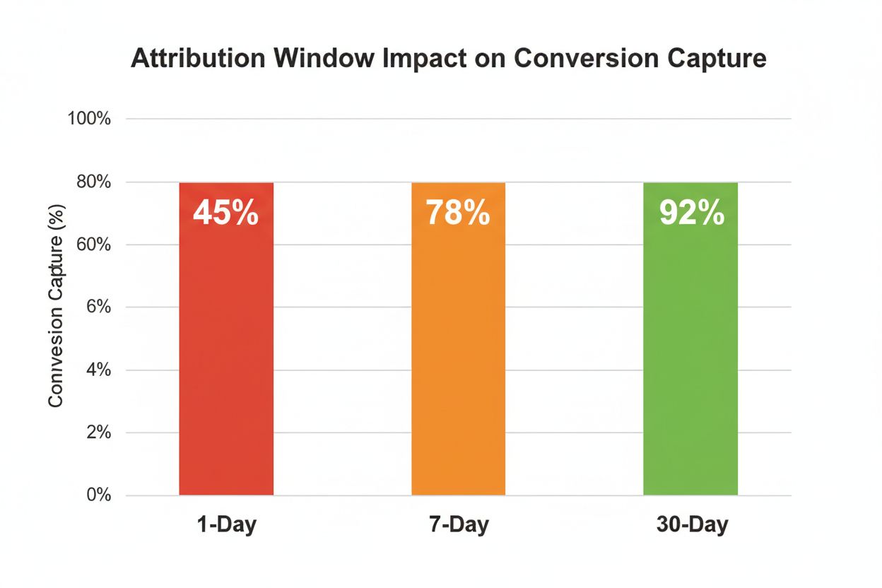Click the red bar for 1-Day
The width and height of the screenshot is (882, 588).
pos(226,339)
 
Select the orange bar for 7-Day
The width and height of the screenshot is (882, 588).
pos(458,339)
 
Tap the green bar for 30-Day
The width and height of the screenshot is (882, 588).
pos(690,339)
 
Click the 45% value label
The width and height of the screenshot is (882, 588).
pos(226,213)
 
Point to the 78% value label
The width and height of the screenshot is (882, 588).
pos(458,213)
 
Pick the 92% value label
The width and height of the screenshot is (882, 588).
pos(691,213)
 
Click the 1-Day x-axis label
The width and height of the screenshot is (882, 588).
pos(226,526)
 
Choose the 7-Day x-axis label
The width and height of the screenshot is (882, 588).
pos(458,526)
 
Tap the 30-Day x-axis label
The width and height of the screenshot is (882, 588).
pos(690,526)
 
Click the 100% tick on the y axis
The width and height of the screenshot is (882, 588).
pos(89,119)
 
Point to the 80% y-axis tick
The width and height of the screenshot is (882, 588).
pos(93,182)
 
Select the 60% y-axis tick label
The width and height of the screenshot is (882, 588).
pos(93,245)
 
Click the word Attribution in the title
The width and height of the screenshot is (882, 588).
pos(194,59)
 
